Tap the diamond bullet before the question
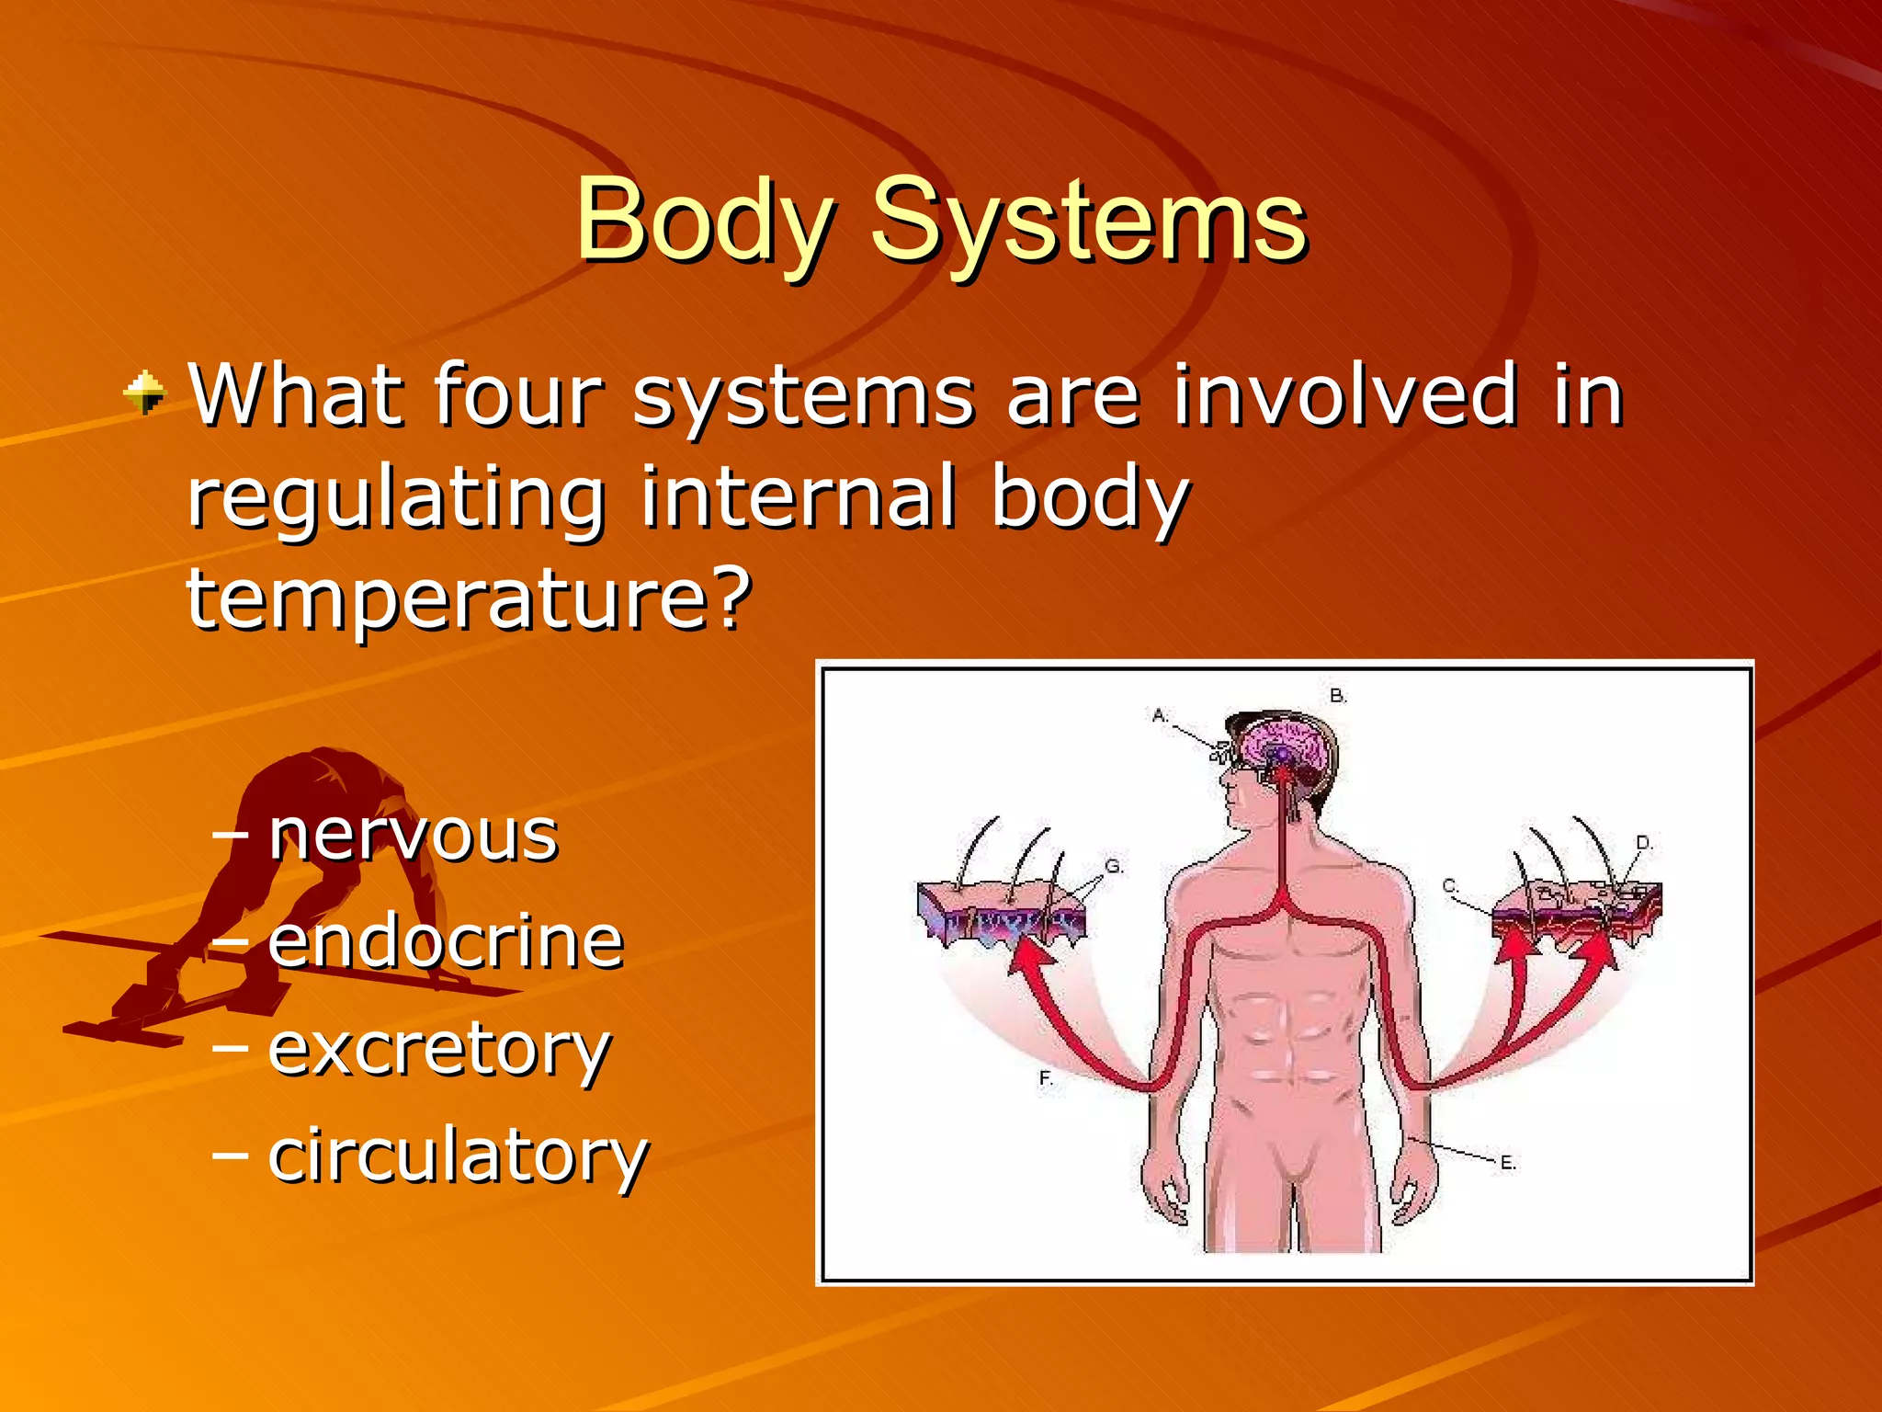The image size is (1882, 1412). pos(145,393)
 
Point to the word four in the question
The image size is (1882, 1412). pos(518,395)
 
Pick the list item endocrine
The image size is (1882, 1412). pos(446,941)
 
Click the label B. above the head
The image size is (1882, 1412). pos(1338,696)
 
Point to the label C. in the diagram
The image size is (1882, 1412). pos(1450,886)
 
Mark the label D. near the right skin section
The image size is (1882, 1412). pos(1644,842)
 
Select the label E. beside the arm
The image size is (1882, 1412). pos(1508,1163)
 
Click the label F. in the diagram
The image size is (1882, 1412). pos(1046,1077)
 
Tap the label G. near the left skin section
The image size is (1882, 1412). pos(1114,866)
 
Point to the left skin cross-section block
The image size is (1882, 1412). pos(1002,910)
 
